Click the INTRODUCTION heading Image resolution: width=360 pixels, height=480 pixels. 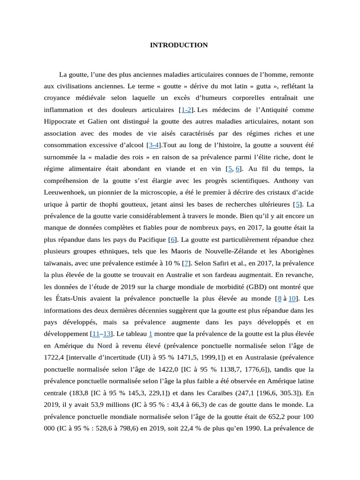point(179,45)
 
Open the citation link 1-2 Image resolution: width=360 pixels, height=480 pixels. point(186,110)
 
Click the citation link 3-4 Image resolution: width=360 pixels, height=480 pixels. point(154,145)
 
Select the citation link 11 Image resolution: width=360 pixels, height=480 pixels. point(96,334)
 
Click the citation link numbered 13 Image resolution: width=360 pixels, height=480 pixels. point(107,334)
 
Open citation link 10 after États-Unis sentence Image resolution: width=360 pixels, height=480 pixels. point(292,299)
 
